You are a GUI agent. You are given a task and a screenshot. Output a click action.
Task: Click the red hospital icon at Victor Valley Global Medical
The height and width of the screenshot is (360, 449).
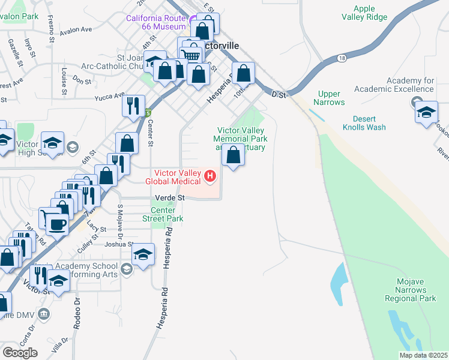(210, 176)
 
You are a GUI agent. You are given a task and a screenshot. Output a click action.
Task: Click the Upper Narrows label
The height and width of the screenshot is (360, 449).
(329, 98)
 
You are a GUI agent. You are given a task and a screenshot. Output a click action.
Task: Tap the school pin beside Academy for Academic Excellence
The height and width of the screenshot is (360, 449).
(426, 113)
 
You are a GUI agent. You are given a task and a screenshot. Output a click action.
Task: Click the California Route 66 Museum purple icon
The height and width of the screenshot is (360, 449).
(193, 23)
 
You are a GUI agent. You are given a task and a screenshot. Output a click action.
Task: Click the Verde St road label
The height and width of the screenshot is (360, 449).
(168, 197)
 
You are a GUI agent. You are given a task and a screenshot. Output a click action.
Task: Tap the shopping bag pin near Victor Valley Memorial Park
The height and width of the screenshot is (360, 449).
(233, 155)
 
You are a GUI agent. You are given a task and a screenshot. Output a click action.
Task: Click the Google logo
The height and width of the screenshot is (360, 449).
(20, 352)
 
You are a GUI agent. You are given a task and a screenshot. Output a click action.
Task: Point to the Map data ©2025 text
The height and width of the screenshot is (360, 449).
(423, 355)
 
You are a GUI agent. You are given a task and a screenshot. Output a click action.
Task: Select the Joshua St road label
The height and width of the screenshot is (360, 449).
(119, 244)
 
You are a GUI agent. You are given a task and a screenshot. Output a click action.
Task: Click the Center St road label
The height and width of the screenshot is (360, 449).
(150, 133)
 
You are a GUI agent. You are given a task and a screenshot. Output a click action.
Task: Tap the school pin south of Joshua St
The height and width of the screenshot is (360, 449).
(143, 255)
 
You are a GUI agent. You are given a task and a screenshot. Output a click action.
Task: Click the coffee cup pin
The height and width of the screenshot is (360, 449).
(58, 225)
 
